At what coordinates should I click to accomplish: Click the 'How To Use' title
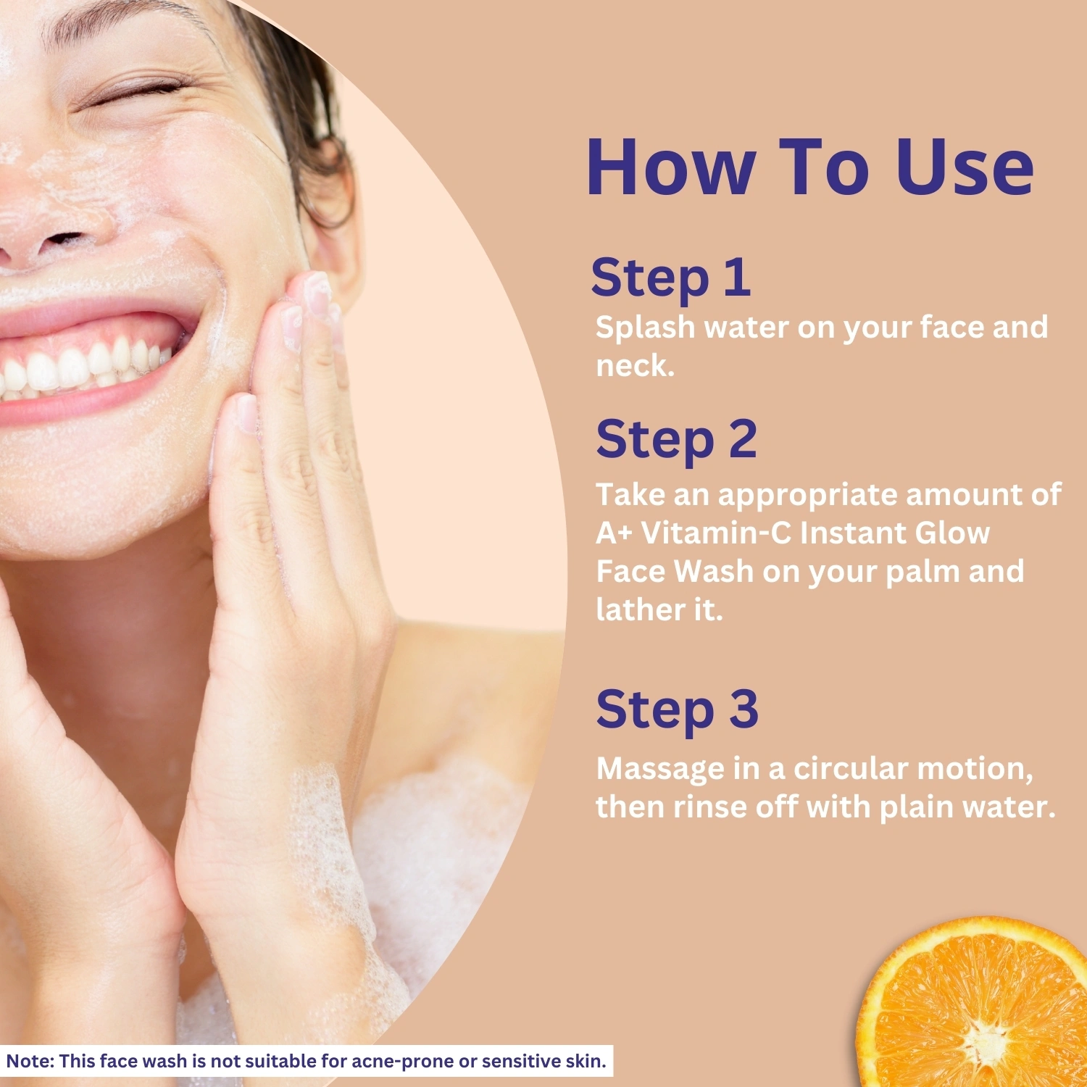click(x=810, y=167)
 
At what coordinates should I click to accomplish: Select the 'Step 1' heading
click(x=671, y=278)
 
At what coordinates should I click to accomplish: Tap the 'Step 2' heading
click(x=676, y=441)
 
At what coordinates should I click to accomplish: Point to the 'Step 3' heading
click(x=678, y=710)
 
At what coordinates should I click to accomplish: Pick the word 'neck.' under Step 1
click(x=635, y=366)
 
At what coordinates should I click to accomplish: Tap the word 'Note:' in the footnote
click(x=30, y=1062)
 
